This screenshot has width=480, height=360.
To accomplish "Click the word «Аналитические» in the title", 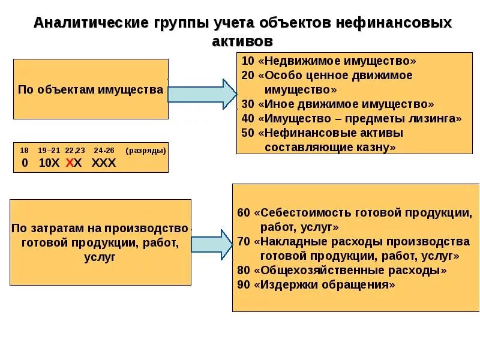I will pyautogui.click(x=91, y=23).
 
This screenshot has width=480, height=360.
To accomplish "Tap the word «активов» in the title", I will pyautogui.click(x=242, y=41).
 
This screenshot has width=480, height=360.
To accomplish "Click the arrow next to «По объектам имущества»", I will pyautogui.click(x=202, y=94).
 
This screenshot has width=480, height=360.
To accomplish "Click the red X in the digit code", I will pyautogui.click(x=70, y=163).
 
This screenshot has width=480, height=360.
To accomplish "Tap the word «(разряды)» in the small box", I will pyautogui.click(x=145, y=150).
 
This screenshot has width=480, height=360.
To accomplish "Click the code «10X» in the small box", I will pyautogui.click(x=49, y=163).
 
